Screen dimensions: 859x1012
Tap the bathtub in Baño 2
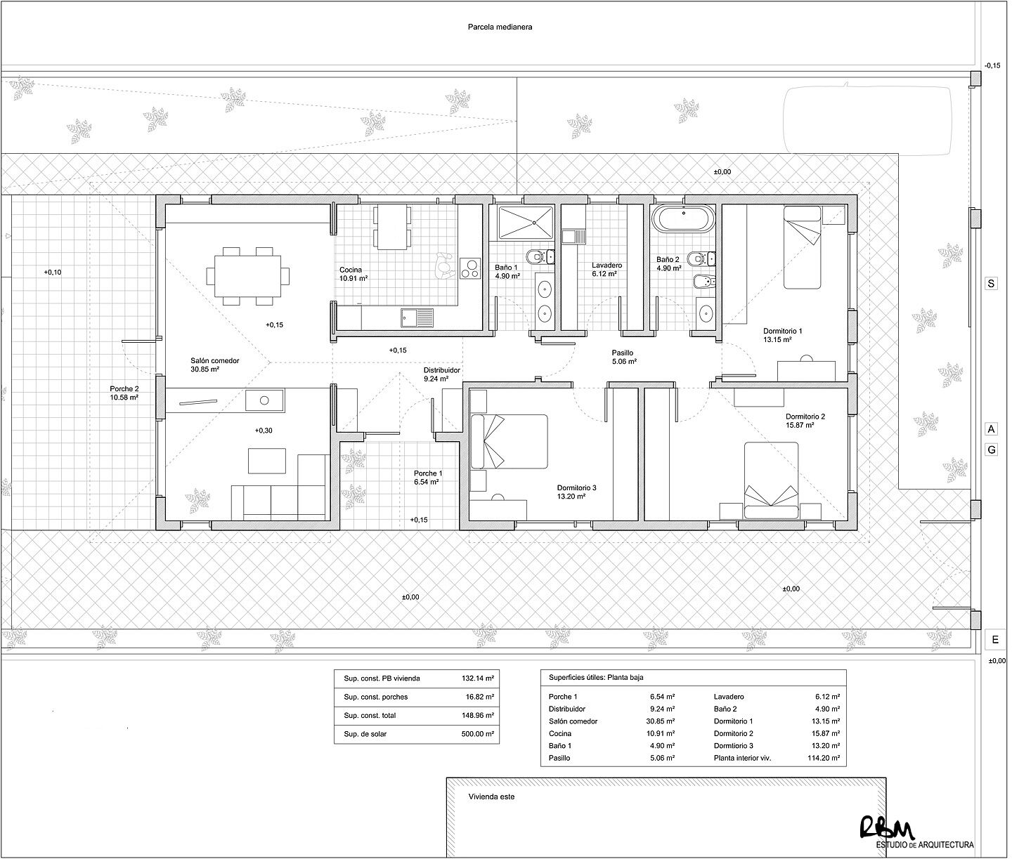(684, 218)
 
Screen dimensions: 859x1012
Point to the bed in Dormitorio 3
(509, 441)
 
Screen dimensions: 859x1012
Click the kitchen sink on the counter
(417, 318)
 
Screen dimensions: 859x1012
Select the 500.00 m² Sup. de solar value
(476, 734)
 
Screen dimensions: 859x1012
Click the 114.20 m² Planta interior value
(824, 759)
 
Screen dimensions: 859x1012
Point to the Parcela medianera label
(500, 28)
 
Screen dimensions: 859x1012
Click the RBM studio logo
(887, 827)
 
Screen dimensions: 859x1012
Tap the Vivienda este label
(491, 797)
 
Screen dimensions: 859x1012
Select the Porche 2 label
(124, 393)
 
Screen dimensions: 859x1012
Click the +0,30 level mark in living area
(264, 431)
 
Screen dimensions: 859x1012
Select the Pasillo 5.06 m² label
(622, 358)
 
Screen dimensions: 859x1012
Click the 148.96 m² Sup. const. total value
(476, 716)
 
